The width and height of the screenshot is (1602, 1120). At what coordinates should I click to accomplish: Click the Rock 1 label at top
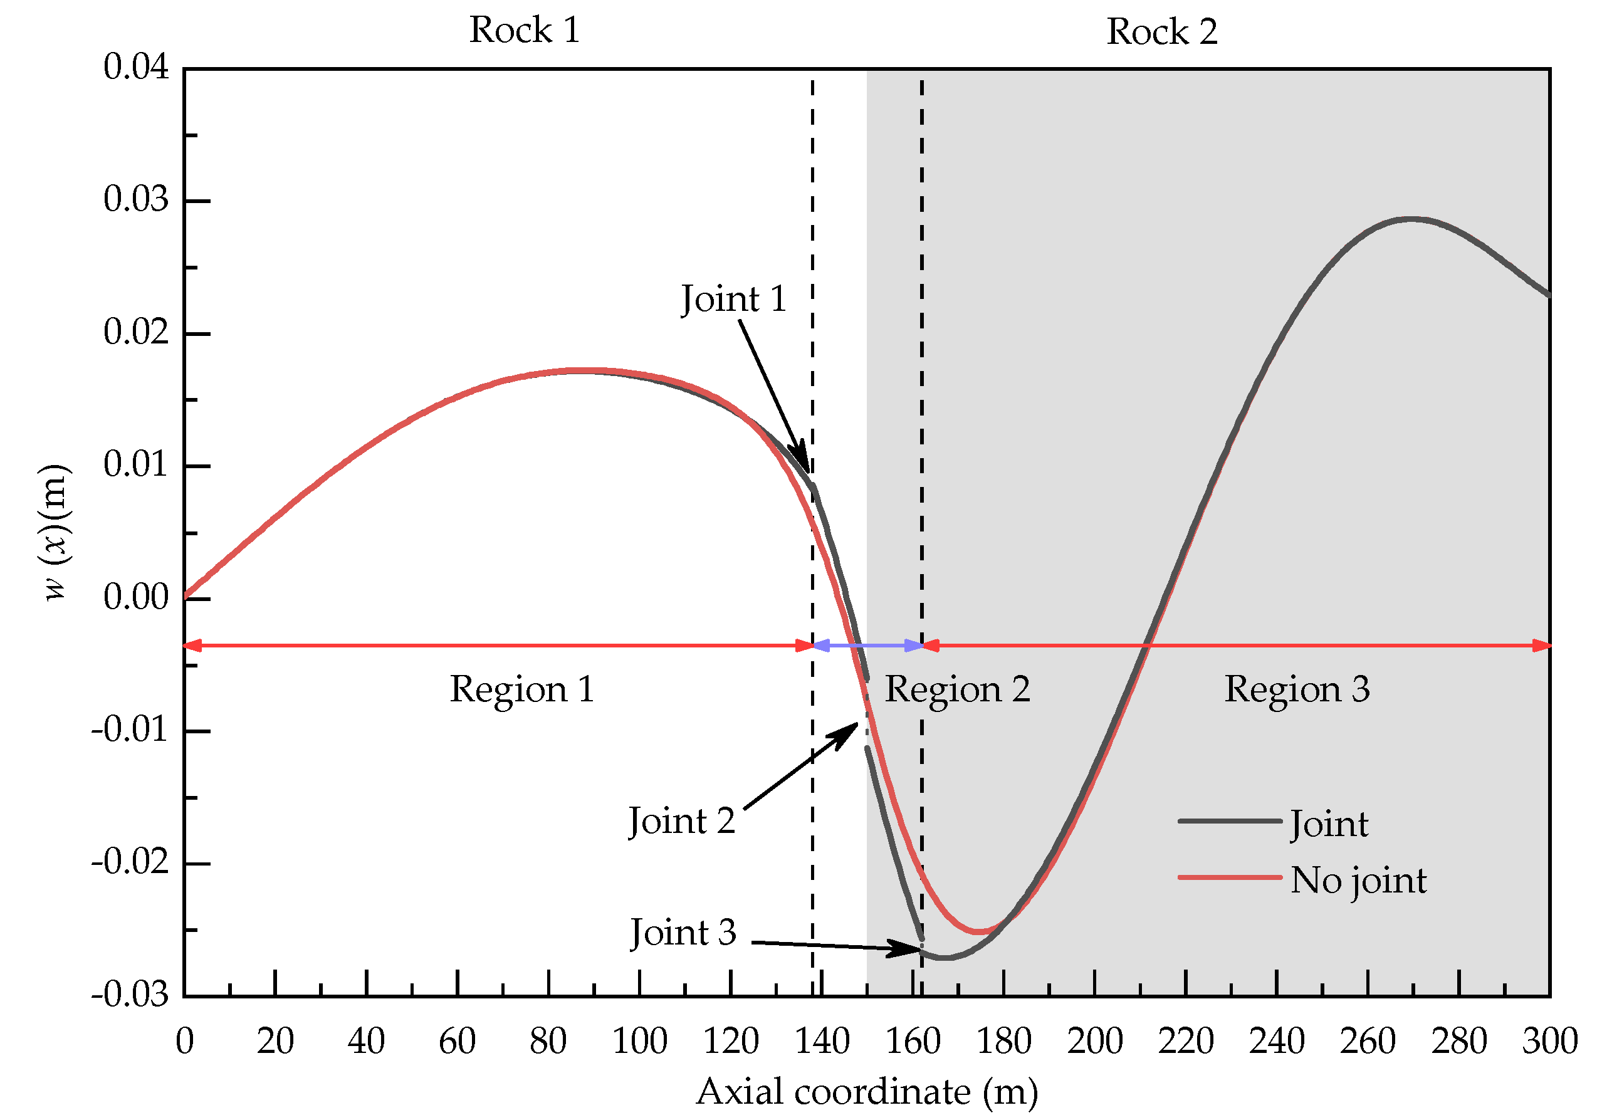coord(524,30)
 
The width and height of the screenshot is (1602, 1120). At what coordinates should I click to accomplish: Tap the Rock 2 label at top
coord(1162,32)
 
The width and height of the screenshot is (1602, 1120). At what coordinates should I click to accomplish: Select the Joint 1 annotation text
coord(733,299)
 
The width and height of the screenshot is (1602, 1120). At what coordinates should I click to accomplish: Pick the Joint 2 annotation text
coord(682,820)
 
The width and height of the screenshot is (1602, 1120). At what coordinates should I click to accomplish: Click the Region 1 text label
coord(522,689)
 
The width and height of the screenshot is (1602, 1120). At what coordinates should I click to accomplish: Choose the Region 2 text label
coord(957,689)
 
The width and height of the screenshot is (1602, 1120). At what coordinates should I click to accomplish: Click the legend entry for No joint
coord(1357,880)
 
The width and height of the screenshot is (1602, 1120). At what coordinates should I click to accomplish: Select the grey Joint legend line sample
coord(1230,821)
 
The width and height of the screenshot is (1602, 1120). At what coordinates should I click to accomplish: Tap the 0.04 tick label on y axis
coord(136,67)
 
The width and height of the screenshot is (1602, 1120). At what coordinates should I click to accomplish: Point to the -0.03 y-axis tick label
coord(130,995)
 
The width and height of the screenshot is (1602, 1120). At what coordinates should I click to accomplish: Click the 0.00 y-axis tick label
coord(136,597)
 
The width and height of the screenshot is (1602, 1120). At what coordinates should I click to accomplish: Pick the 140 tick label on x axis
coord(822,1041)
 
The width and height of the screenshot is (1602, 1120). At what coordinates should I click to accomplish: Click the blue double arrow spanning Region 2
coord(867,646)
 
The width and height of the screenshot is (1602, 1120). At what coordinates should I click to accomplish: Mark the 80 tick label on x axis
coord(548,1041)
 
